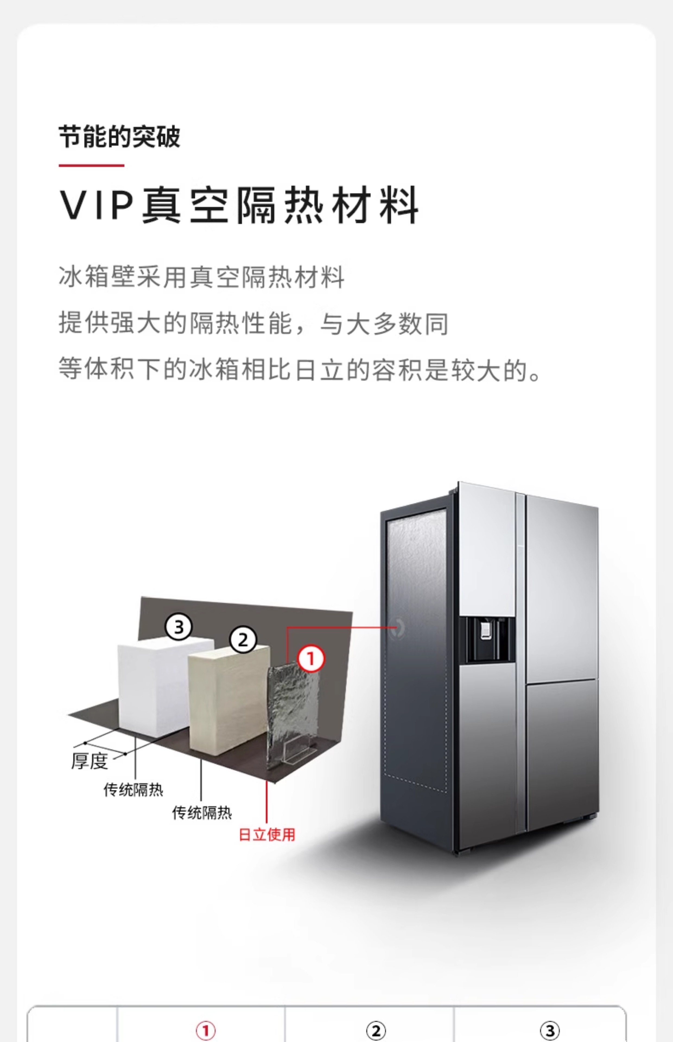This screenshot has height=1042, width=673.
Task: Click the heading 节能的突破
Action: pyautogui.click(x=119, y=137)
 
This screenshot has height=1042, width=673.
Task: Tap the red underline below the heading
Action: pyautogui.click(x=91, y=166)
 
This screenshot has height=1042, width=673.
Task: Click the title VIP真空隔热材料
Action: pyautogui.click(x=239, y=205)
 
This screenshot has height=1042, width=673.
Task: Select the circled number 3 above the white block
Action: pyautogui.click(x=178, y=627)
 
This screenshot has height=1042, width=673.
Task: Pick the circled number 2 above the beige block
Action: pyautogui.click(x=243, y=640)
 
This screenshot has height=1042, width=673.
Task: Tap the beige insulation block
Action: pyautogui.click(x=227, y=699)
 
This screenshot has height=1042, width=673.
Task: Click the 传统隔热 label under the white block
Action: pyautogui.click(x=133, y=789)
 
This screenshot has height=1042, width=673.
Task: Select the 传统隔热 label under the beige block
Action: pyautogui.click(x=202, y=813)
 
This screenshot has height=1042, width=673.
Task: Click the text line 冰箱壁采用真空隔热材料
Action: pyautogui.click(x=201, y=277)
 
